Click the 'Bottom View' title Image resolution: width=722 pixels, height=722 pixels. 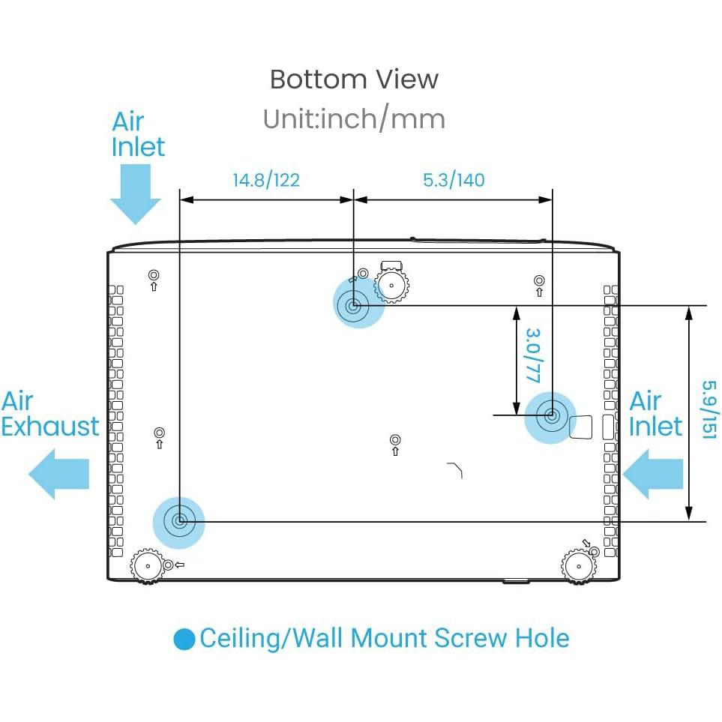[354, 79]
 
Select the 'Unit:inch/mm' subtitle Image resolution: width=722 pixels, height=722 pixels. [354, 119]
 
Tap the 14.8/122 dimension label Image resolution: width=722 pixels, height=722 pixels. [265, 180]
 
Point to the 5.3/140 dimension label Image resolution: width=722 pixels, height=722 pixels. [454, 180]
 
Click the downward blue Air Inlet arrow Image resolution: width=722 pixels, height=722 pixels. [136, 193]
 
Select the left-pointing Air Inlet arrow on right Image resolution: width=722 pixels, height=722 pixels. [652, 475]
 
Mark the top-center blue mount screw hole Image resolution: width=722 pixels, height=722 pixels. [353, 305]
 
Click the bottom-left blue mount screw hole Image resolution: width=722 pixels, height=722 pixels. [179, 520]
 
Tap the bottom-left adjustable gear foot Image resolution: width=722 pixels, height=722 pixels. [147, 565]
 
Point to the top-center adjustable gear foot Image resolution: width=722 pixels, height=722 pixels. [391, 285]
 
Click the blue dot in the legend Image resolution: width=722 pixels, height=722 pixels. [184, 640]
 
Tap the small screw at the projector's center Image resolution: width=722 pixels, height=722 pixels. [396, 439]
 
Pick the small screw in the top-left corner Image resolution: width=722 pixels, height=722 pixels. [154, 274]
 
